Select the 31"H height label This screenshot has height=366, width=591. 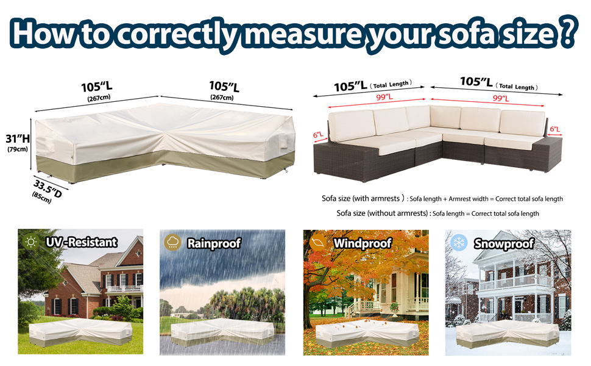click(17, 138)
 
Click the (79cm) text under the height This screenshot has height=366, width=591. click(18, 149)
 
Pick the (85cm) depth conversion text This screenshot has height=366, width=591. click(41, 198)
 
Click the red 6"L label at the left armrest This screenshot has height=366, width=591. click(318, 135)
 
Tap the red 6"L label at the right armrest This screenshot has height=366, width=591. click(555, 129)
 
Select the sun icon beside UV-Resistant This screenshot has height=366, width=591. click(31, 242)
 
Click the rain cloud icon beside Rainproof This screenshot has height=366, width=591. click(172, 242)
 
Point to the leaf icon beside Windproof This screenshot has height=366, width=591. click(317, 242)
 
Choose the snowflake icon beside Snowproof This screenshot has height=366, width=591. click(459, 243)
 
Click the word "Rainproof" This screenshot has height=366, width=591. click(214, 244)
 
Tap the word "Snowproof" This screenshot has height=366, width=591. click(504, 244)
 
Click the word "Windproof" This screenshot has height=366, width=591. click(363, 244)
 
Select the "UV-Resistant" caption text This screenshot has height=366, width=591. click(82, 242)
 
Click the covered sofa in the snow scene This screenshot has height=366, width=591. click(508, 335)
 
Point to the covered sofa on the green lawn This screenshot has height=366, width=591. click(80, 332)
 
